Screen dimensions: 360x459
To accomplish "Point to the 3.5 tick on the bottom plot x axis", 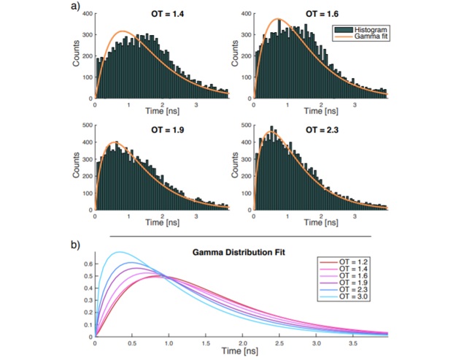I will click(x=353, y=344).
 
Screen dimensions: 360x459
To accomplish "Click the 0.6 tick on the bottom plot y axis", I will click(x=87, y=264).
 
